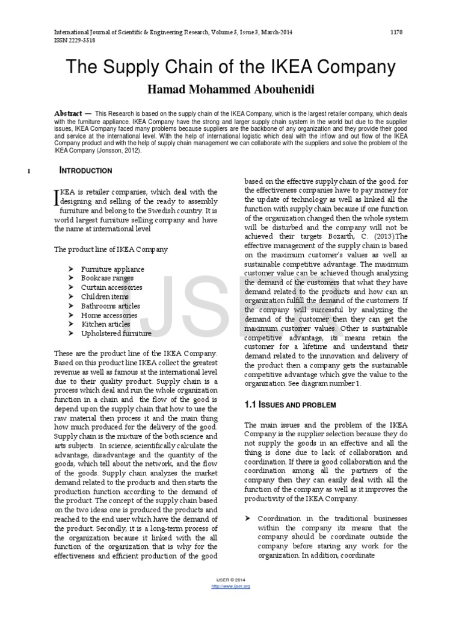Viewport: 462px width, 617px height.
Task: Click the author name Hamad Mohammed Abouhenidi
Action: (x=230, y=90)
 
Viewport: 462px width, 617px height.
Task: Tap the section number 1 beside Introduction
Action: (x=29, y=171)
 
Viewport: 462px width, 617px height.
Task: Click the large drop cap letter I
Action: (x=57, y=197)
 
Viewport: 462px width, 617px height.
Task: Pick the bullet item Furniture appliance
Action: (x=112, y=269)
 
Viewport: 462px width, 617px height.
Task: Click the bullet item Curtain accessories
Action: (x=112, y=287)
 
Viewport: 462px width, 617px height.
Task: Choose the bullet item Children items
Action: (x=106, y=296)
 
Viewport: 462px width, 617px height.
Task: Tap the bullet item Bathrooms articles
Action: (x=110, y=306)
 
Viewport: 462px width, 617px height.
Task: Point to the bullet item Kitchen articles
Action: (x=106, y=324)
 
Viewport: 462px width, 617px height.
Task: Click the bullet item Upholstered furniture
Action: (x=116, y=333)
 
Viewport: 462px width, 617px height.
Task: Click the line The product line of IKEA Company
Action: (x=111, y=249)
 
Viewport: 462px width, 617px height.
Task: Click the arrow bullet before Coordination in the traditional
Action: (x=247, y=519)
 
